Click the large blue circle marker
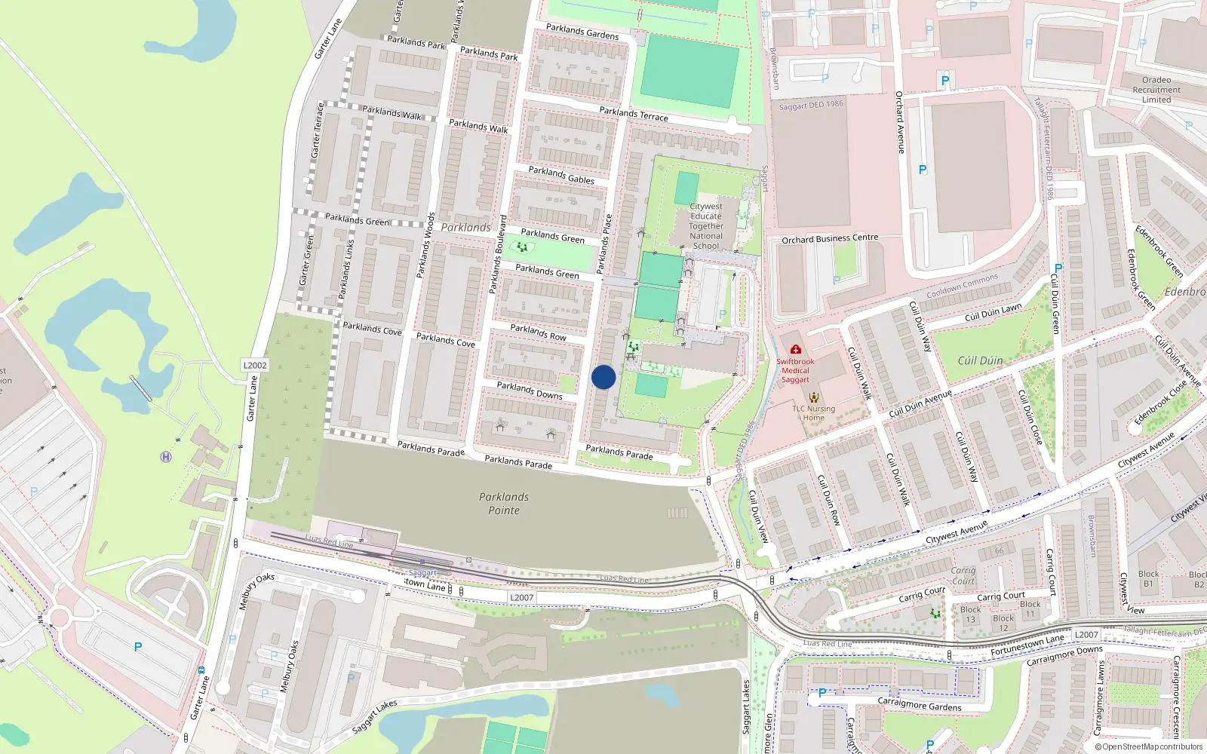603,377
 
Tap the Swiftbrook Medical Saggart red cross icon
795,350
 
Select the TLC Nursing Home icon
813,397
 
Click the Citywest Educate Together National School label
706,225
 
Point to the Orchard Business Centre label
830,239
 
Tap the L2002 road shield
255,365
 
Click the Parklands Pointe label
504,504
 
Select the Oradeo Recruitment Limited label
1156,90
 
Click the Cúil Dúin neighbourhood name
980,361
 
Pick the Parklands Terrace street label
634,114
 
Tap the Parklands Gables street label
561,175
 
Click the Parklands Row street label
538,332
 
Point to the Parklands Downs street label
530,390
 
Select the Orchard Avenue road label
899,122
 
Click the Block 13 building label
971,615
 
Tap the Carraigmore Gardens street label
920,705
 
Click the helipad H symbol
166,457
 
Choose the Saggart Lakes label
746,706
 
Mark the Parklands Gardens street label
582,32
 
